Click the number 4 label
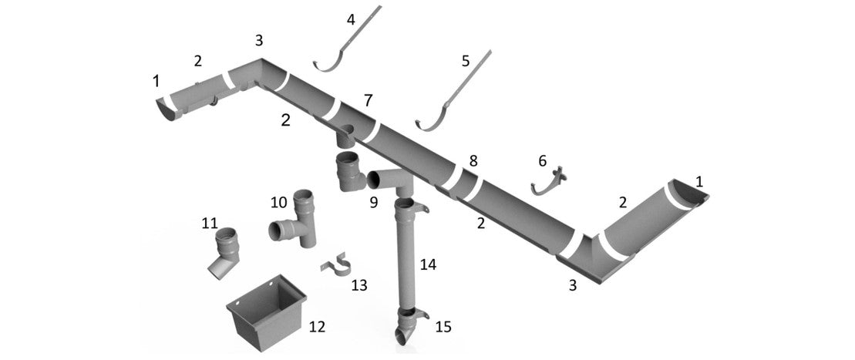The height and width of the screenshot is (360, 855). coord(351,19)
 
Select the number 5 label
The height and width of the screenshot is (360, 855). coord(465,60)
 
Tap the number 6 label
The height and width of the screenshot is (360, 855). coord(542,160)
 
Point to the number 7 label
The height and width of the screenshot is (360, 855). coord(368,100)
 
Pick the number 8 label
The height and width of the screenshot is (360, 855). coord(473,161)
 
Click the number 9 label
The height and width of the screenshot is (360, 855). coord(373,204)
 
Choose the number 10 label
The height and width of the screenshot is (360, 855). coord(278,203)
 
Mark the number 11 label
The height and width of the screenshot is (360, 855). coord(209,224)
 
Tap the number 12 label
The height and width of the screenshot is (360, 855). coord(316,327)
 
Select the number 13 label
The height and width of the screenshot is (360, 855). coord(358,285)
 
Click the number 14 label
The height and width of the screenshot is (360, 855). coord(427,265)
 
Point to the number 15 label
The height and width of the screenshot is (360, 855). coord(443,327)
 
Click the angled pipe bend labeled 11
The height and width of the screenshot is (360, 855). coord(224,251)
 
